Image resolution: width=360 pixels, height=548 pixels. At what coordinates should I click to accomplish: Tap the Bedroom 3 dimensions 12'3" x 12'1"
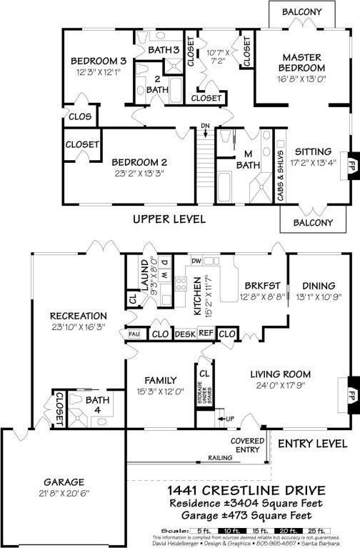point(94,72)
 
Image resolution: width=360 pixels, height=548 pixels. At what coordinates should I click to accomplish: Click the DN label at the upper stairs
point(205,126)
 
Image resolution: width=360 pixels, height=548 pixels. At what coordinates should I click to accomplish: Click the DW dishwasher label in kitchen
point(197,261)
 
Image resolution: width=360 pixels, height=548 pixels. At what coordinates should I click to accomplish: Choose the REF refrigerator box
point(206,334)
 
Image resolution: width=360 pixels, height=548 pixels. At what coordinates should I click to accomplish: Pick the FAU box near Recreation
point(134,334)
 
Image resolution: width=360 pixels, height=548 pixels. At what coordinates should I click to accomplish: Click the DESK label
point(184,334)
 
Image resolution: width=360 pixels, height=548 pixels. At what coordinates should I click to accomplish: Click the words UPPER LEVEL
point(169,219)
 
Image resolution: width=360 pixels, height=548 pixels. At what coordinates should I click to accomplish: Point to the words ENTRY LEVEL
point(312,443)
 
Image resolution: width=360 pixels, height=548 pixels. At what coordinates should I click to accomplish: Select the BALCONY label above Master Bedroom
point(301,12)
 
